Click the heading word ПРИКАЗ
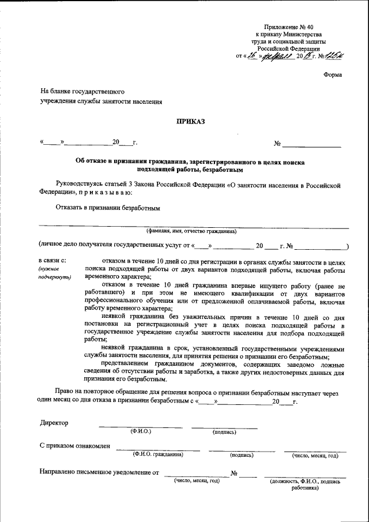[190, 121]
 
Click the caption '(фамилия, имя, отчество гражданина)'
[191, 231]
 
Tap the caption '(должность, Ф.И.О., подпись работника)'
[305, 484]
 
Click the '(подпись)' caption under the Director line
[224, 431]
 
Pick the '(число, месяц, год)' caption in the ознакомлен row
[315, 455]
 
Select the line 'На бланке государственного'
[82, 92]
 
